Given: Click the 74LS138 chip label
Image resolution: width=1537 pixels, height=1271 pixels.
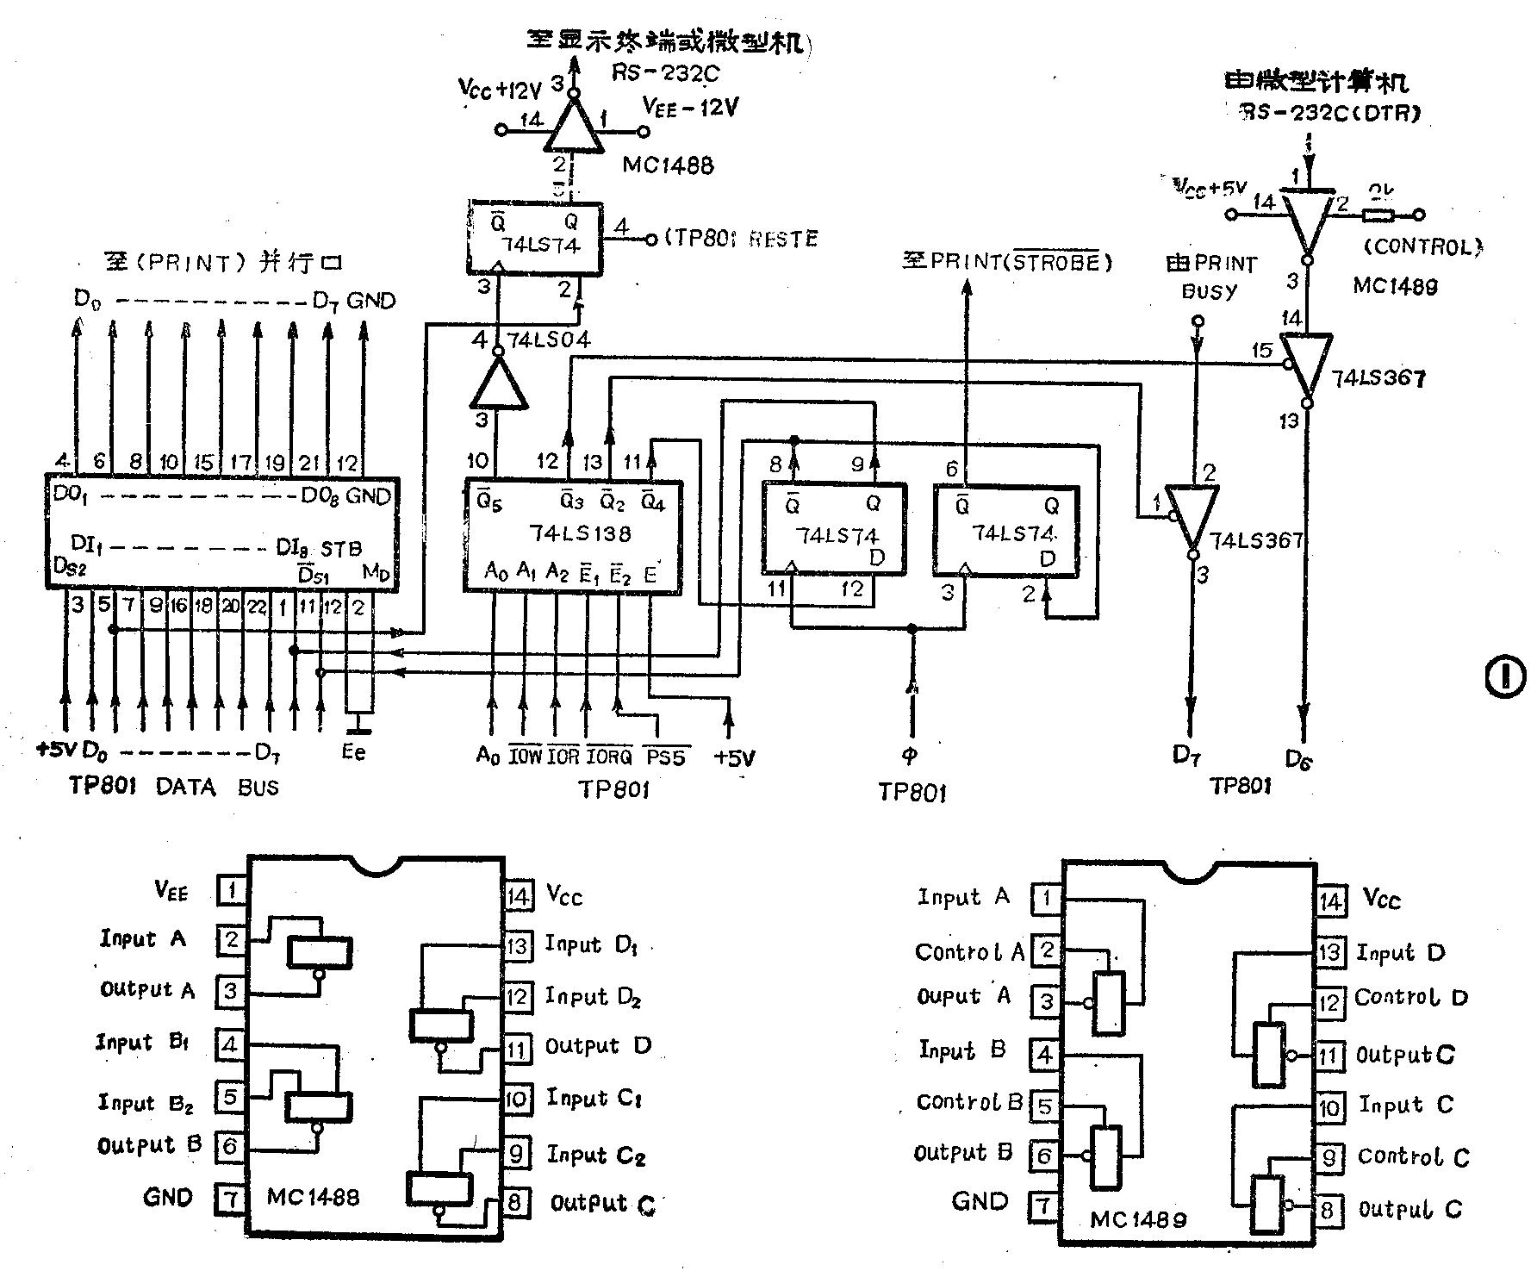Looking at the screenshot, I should click(x=581, y=533).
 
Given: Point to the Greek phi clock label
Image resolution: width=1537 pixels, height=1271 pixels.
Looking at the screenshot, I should click(x=910, y=756).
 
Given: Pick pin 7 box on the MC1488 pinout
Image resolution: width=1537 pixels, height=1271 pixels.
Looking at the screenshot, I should click(x=230, y=1199).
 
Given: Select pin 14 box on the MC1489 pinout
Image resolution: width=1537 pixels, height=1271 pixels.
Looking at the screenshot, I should click(x=1331, y=901).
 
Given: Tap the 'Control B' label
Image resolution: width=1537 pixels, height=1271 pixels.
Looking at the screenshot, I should click(x=969, y=1102).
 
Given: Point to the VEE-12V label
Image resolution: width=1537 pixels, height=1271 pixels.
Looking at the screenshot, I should click(x=690, y=107).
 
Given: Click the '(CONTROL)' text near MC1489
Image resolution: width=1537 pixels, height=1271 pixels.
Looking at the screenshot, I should click(x=1422, y=247).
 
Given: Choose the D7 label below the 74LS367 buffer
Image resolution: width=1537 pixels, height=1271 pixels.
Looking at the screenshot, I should click(x=1186, y=756).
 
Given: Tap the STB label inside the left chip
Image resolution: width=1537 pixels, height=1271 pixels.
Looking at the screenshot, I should click(x=341, y=548).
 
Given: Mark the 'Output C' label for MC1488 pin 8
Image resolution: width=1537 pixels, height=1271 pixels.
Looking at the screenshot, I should click(x=603, y=1204).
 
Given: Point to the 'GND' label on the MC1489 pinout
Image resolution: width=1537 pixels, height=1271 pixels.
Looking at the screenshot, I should click(x=980, y=1201).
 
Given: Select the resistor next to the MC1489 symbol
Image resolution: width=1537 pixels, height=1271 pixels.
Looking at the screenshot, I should click(x=1378, y=215).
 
